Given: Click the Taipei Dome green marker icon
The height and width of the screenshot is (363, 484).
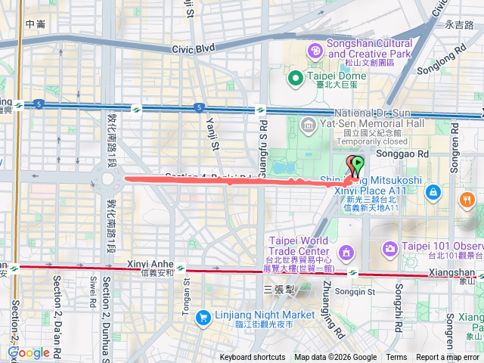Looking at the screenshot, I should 296,76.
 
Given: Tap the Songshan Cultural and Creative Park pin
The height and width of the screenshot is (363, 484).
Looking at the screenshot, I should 314,51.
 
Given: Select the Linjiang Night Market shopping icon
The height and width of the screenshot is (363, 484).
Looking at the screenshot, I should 203,318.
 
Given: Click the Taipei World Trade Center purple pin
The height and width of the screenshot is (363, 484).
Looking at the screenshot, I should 346,251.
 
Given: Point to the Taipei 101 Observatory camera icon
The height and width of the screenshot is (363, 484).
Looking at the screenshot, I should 390,248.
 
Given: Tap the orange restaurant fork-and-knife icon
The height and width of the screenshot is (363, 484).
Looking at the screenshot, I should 467,200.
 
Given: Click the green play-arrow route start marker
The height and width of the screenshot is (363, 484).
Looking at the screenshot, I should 357,163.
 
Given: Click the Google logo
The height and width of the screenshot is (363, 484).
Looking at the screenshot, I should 28,352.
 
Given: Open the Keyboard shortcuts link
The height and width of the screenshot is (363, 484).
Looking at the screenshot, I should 253,358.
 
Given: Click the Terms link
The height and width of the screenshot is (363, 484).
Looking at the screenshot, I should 396,358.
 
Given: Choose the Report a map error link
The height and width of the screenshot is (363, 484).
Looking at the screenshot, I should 448,358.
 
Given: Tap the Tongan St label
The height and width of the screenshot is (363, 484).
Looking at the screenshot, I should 188,286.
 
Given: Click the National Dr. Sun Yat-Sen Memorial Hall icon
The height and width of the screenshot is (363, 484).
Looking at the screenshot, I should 308,124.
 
